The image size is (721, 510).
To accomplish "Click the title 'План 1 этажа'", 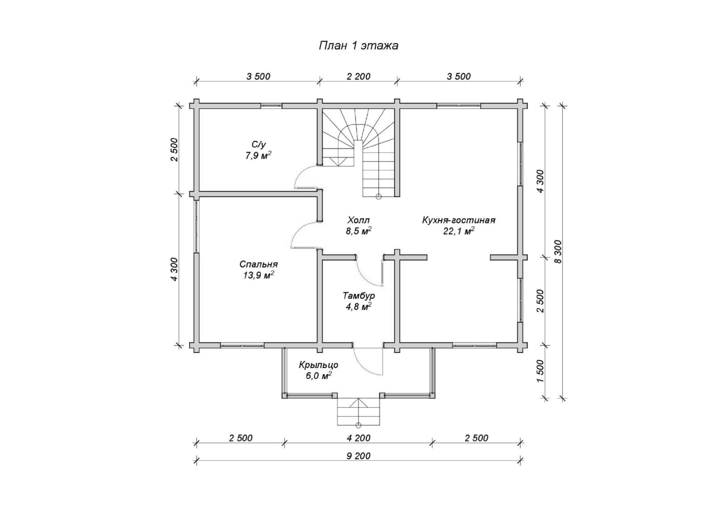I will tap(358, 45).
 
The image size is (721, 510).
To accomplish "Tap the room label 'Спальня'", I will tap(258, 264).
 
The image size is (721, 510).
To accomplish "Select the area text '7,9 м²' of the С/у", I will tap(258, 156).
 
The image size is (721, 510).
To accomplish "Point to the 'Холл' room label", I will tap(358, 220).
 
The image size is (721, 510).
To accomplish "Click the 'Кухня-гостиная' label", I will tap(459, 220).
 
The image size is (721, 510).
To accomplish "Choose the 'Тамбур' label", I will tap(359, 296).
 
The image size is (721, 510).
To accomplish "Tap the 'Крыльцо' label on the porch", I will tap(319, 365).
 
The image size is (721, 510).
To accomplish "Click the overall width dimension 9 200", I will tap(359, 456).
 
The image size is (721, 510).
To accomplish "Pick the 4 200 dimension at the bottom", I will tap(359, 438).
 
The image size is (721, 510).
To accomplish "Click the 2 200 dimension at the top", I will tap(359, 76).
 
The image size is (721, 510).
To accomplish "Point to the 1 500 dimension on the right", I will tap(541, 371).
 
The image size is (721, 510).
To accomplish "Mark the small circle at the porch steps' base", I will tap(358, 425).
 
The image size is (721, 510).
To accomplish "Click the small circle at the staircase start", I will tap(378, 196).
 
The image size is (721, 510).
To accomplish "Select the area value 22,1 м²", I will tap(459, 231).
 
